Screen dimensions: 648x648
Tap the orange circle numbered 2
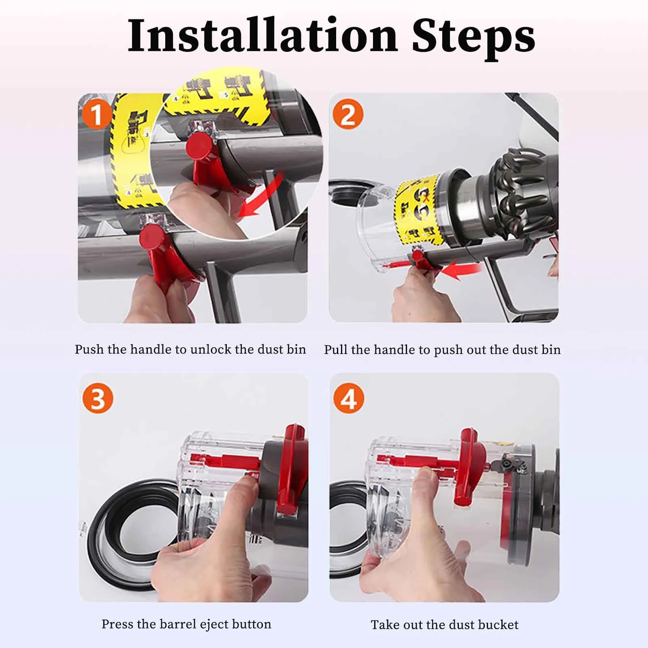pyautogui.click(x=348, y=115)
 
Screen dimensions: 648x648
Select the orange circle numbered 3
pyautogui.click(x=97, y=399)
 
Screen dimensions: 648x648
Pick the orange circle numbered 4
pyautogui.click(x=349, y=399)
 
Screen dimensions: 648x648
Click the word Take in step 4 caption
pyautogui.click(x=384, y=625)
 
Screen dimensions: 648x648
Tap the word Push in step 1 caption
pyautogui.click(x=90, y=349)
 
